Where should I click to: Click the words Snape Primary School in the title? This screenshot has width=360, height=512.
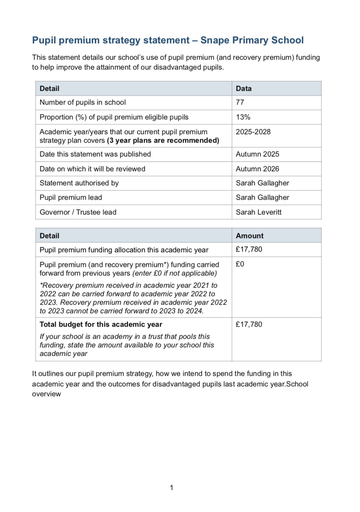252,40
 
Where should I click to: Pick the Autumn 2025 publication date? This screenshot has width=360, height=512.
257,154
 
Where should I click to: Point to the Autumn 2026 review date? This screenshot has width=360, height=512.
257,169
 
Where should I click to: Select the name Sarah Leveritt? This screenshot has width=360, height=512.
259,212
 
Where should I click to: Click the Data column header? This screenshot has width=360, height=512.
244,89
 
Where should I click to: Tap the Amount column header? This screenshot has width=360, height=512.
249,236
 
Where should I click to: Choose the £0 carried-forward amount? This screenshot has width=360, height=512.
240,264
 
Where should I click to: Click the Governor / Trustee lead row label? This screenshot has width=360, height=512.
78,212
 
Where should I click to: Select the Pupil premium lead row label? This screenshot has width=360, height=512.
71,197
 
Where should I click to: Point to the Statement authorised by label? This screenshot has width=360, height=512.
79,183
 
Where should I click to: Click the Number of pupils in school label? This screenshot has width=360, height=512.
83,102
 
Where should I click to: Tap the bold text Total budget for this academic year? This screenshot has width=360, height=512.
101,324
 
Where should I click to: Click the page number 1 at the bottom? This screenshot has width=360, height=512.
171,488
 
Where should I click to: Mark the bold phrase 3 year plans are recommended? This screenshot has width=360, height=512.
163,140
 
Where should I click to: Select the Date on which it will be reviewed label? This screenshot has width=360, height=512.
92,169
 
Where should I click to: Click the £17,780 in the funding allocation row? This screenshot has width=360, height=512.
249,249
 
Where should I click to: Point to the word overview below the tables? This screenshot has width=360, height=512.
46,394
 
